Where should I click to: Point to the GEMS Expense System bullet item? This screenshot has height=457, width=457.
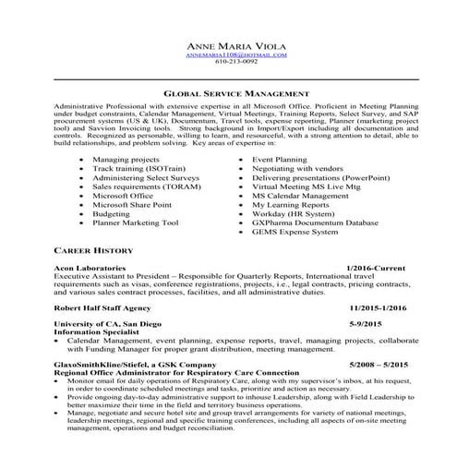click(x=295, y=234)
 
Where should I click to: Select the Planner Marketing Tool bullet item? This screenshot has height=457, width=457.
click(x=135, y=222)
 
